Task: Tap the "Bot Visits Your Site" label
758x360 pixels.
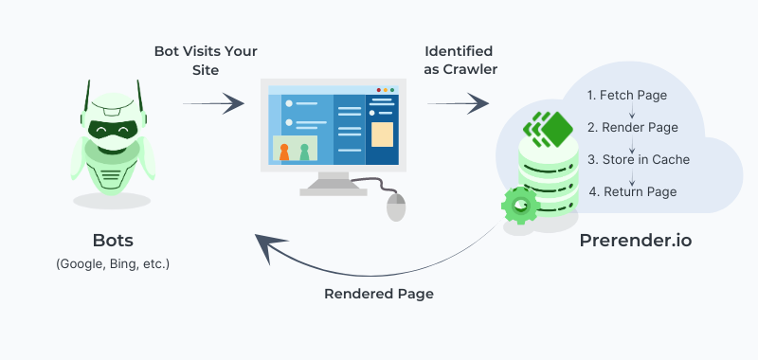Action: [x=207, y=59]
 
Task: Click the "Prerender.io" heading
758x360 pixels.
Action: [x=635, y=241]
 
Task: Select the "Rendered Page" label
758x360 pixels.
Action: [x=379, y=294]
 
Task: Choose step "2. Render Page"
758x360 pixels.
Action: [x=632, y=127]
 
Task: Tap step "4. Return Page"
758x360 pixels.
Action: [x=632, y=191]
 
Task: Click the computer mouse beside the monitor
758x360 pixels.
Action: [x=395, y=205]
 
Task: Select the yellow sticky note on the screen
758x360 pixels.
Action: [x=382, y=134]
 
